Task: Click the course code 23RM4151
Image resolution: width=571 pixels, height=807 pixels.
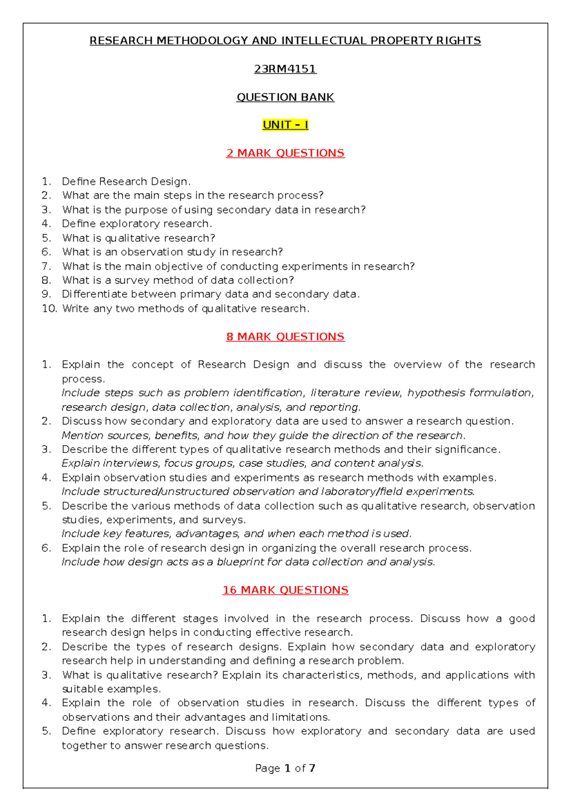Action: pos(285,69)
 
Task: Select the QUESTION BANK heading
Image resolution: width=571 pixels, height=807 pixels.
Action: pos(285,97)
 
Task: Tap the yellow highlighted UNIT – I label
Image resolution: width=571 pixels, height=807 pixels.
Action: pos(285,125)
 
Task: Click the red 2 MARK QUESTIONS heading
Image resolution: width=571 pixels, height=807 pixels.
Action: pos(285,153)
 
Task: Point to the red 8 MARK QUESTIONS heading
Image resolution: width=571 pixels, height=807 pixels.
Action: pos(285,336)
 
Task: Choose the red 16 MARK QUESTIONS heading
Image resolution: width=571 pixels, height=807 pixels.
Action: pos(285,590)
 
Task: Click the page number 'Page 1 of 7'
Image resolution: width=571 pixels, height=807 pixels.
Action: pos(285,768)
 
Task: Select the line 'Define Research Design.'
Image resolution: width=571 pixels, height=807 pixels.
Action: pos(126,181)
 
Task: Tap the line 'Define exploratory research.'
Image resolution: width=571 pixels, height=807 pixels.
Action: pos(137,224)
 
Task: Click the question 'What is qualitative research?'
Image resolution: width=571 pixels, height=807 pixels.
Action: pos(138,238)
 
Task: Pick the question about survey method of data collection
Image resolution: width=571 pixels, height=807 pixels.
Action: pos(178,280)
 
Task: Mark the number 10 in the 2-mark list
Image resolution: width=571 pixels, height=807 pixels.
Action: pos(49,308)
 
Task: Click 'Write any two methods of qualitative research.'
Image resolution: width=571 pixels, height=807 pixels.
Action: pos(186,308)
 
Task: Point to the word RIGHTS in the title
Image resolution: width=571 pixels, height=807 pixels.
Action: pos(458,40)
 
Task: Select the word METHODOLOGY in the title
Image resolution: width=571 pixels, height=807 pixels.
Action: pos(202,40)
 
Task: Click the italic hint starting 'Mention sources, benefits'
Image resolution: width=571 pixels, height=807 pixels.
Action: pos(263,435)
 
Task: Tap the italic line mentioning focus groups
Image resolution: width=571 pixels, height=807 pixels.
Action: pos(242,463)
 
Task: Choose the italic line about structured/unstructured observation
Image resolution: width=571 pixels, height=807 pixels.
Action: pos(268,492)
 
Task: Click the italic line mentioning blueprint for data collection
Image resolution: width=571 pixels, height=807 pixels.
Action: pos(248,562)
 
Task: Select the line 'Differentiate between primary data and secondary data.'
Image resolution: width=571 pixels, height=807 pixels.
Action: pos(211,294)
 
